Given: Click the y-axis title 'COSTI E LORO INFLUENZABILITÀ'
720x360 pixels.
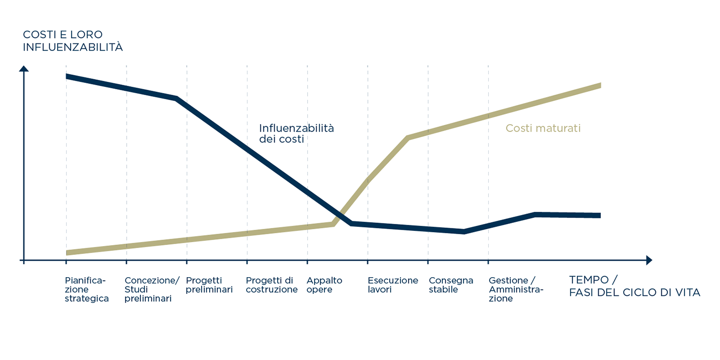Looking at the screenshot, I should tap(72, 41).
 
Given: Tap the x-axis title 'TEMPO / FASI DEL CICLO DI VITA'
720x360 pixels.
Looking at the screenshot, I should tap(634, 286).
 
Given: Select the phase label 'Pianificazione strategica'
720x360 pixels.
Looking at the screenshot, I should tap(87, 289).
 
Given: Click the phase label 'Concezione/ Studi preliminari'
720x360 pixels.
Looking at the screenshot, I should tap(152, 289).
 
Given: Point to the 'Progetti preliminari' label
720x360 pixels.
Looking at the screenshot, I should tap(209, 285).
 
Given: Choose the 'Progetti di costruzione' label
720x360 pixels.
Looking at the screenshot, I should tap(271, 285).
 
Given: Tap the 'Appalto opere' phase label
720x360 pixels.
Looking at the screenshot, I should tap(324, 285).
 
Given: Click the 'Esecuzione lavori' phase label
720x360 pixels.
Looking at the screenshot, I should tap(393, 285).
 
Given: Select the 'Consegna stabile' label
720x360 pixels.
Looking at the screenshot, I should tap(451, 285).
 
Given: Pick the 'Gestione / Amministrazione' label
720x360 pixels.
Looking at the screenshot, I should tap(515, 289).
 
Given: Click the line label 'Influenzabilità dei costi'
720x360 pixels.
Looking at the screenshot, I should tap(296, 134).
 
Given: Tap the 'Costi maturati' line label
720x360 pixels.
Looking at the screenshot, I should tap(543, 128).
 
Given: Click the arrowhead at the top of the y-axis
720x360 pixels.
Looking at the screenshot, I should tap(24, 68).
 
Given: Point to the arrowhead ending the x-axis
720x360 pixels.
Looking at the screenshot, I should tap(648, 260).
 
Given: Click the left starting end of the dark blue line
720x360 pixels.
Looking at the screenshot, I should tap(67, 76).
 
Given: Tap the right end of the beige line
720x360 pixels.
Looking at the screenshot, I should tap(600, 85).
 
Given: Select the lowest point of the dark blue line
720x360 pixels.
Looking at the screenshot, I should tap(464, 231).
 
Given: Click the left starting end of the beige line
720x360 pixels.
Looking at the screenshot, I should tap(67, 253).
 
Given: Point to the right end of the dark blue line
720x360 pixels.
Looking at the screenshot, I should tap(600, 216).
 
